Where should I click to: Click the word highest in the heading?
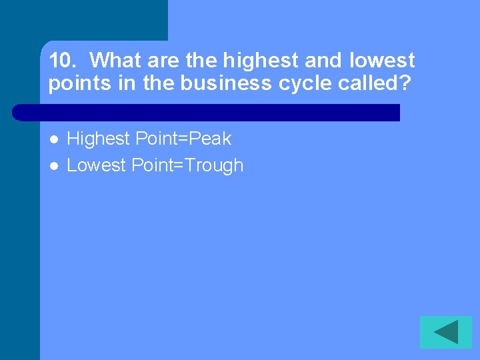(x=260, y=61)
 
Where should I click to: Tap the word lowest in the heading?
(x=381, y=61)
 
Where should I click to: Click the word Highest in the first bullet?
(x=99, y=139)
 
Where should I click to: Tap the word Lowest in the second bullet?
(x=97, y=165)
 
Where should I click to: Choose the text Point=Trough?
(x=187, y=165)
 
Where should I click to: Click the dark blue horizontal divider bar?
(x=207, y=112)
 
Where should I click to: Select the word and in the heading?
(x=323, y=61)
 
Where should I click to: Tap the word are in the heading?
(x=164, y=61)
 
